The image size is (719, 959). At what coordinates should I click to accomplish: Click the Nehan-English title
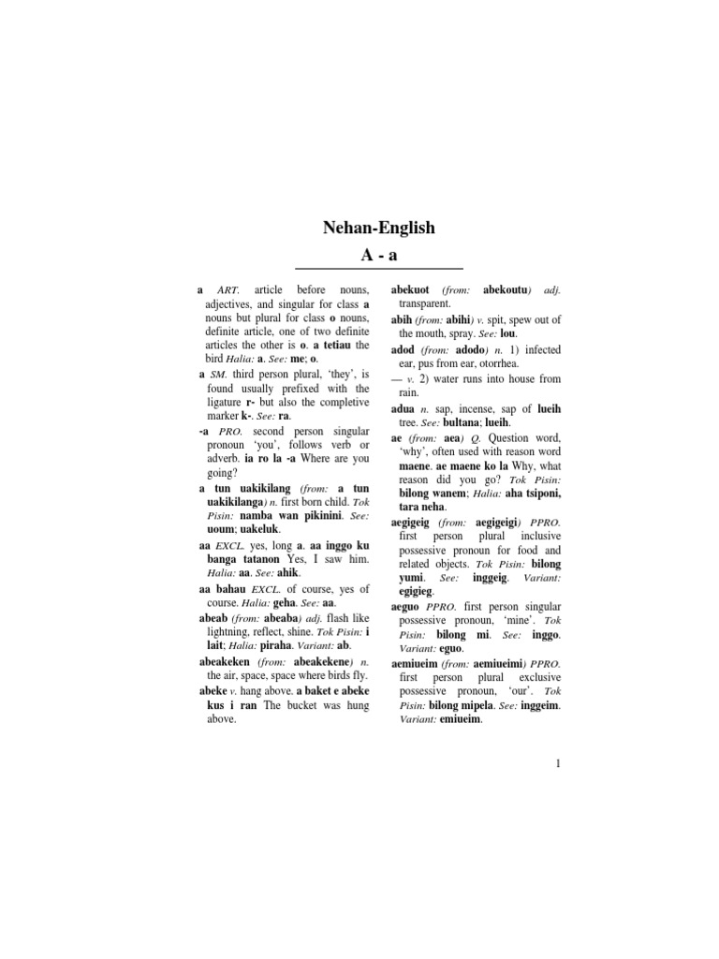click(x=378, y=228)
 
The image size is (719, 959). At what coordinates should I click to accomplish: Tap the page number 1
click(x=558, y=763)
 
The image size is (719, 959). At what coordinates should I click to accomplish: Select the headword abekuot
click(x=411, y=290)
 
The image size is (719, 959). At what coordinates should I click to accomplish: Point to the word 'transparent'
click(x=424, y=304)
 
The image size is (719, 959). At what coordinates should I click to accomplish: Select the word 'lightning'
click(x=229, y=631)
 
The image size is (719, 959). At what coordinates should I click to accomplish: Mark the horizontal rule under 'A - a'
click(x=378, y=270)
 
